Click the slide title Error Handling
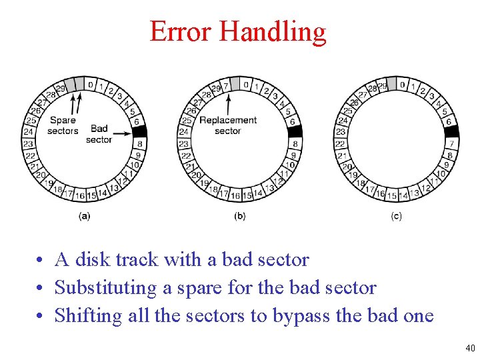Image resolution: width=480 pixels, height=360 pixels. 238,31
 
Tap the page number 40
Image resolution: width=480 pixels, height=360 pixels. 470,347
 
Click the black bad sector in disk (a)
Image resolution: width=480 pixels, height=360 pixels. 139,131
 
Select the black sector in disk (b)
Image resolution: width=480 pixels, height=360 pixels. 295,131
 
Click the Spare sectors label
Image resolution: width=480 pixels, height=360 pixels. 63,125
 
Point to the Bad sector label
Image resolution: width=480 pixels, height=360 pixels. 99,134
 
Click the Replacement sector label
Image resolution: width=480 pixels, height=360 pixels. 228,125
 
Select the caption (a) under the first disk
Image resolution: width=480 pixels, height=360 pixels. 85,215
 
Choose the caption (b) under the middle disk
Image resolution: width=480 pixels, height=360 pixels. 240,215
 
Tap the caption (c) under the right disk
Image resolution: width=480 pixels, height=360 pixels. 397,215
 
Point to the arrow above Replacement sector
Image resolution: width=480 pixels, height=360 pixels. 228,103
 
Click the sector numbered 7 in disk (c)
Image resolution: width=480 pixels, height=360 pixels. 451,144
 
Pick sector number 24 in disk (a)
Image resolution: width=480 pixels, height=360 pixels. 29,132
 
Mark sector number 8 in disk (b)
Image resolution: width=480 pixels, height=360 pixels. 295,144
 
